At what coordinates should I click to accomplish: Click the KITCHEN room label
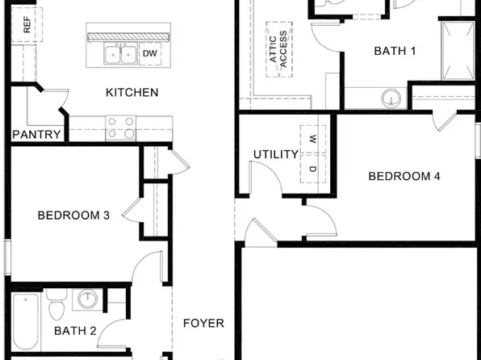click(x=132, y=92)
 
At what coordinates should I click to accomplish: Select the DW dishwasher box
click(x=150, y=54)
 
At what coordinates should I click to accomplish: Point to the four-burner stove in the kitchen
click(x=122, y=128)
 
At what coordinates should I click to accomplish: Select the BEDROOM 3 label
click(x=73, y=216)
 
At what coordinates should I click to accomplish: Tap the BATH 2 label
click(x=75, y=330)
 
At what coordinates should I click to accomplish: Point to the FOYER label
click(x=203, y=323)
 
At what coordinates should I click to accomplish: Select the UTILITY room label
click(x=276, y=154)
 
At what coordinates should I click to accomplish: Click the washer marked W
click(x=312, y=138)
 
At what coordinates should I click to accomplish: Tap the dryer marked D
click(x=312, y=168)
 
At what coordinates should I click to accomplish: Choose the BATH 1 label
click(x=395, y=51)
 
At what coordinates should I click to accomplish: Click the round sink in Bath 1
click(x=391, y=99)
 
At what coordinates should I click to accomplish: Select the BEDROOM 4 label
click(x=404, y=176)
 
